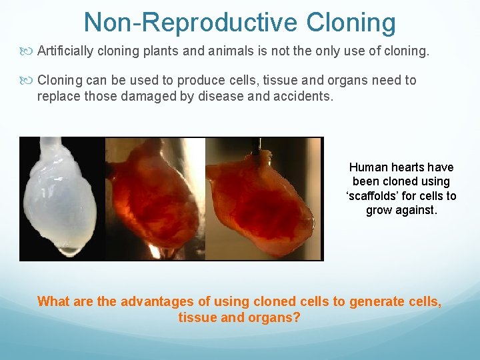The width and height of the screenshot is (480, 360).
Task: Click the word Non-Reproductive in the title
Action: pyautogui.click(x=190, y=23)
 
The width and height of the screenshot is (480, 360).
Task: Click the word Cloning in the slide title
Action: pyautogui.click(x=351, y=23)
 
